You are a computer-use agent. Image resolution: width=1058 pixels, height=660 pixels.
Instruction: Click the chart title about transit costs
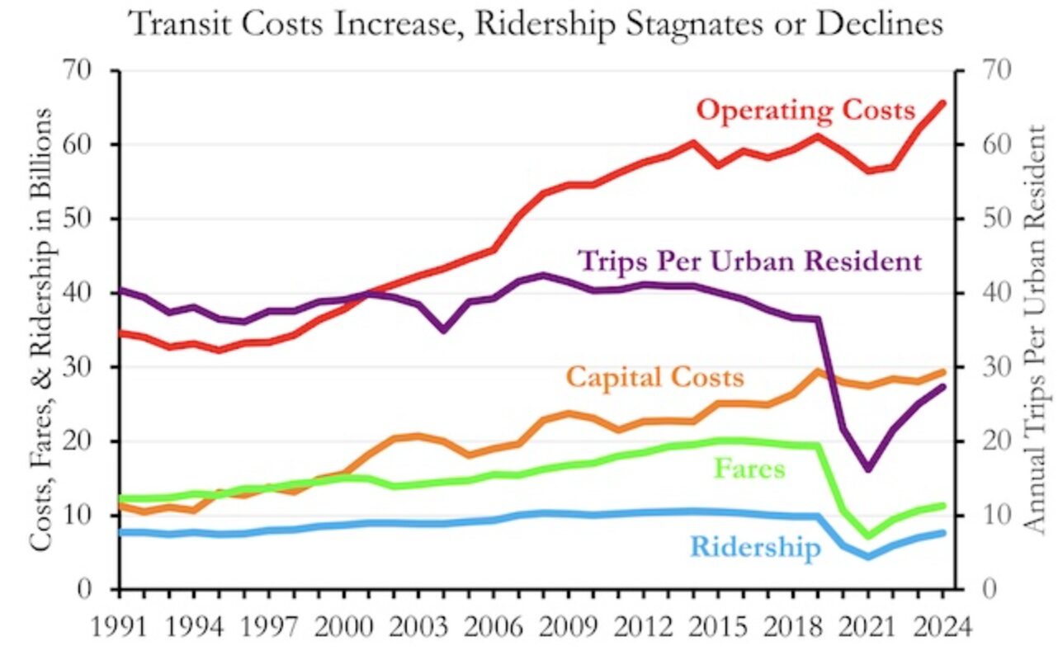(x=536, y=24)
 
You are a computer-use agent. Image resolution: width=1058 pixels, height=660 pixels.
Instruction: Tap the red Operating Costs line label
(x=806, y=110)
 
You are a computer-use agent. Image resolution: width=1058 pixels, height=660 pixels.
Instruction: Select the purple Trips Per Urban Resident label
(x=750, y=262)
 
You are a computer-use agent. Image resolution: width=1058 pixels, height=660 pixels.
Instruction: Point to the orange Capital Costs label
(x=655, y=377)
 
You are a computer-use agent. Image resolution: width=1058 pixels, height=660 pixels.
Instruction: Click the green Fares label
(x=750, y=469)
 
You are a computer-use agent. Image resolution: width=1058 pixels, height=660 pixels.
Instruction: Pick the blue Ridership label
(x=755, y=546)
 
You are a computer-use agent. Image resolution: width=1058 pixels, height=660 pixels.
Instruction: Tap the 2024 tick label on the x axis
(x=942, y=625)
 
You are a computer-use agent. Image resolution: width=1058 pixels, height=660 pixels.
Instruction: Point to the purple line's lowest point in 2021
(x=868, y=469)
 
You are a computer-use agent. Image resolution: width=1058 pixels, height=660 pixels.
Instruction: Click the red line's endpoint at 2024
(x=942, y=103)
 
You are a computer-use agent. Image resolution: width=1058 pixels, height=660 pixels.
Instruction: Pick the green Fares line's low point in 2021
(x=868, y=536)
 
